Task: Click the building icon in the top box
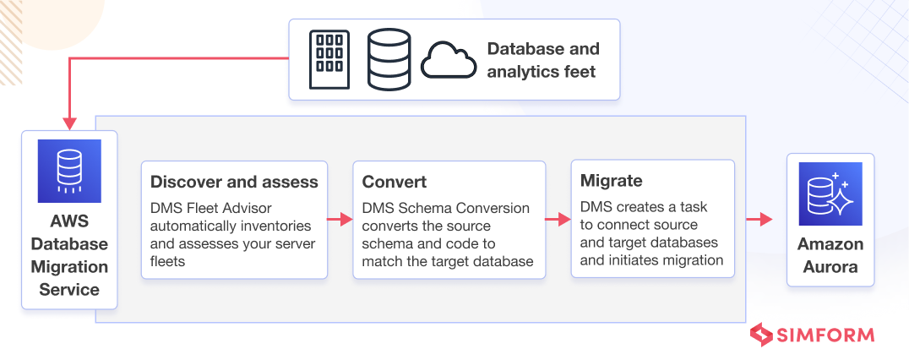(x=329, y=60)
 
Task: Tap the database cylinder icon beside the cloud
(x=389, y=60)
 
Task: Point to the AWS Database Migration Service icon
(x=69, y=171)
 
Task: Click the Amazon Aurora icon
(x=830, y=194)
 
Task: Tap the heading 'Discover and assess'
(x=234, y=182)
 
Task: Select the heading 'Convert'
(x=395, y=182)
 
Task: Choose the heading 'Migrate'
(x=611, y=181)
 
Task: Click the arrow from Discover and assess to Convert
(x=340, y=219)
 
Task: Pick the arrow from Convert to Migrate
(x=558, y=219)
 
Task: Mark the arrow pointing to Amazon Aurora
(x=759, y=219)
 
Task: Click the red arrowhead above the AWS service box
(x=69, y=124)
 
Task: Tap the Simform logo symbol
(x=761, y=335)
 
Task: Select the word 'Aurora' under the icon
(x=830, y=267)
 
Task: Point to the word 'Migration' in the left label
(x=69, y=267)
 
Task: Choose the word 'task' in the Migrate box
(x=694, y=206)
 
